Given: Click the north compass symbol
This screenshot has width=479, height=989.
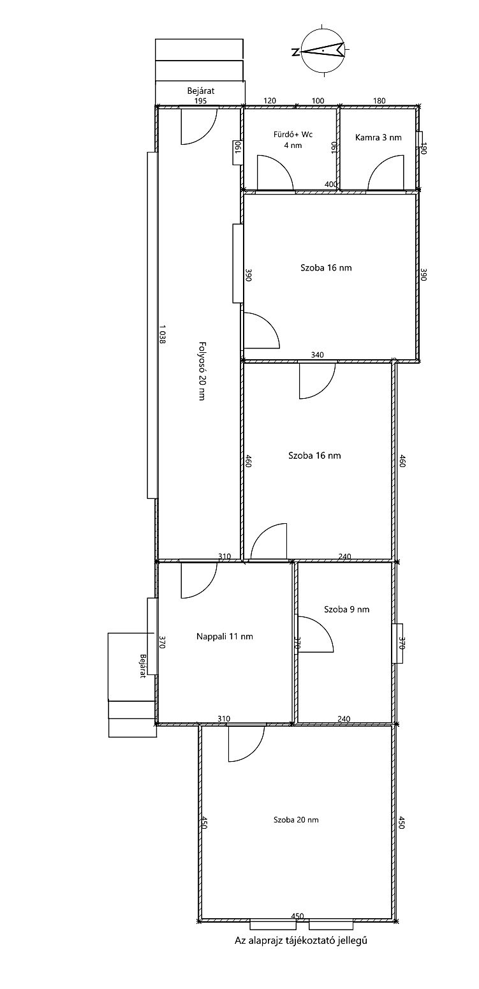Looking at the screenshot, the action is (x=322, y=51).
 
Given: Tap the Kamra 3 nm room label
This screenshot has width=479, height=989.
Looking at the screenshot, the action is (x=378, y=137).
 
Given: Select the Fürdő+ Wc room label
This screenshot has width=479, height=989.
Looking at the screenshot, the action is (x=293, y=134).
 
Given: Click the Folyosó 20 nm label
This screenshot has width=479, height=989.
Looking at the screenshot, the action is (x=202, y=371).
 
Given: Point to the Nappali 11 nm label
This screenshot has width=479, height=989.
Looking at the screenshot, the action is (x=225, y=636).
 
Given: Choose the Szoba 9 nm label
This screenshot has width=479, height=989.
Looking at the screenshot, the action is (x=346, y=609).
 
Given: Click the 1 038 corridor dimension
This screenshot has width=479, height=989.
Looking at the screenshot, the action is (x=163, y=334).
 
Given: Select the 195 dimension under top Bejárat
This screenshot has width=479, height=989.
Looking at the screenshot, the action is (x=200, y=101).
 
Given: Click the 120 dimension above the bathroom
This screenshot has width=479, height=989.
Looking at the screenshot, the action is (x=270, y=101).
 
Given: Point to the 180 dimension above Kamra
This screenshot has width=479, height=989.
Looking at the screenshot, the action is (x=380, y=101).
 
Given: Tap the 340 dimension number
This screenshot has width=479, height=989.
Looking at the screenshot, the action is (x=317, y=355).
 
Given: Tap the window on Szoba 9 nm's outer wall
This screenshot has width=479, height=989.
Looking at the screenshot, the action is (x=397, y=643).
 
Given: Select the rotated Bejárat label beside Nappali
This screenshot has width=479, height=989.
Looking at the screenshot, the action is (x=142, y=666).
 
